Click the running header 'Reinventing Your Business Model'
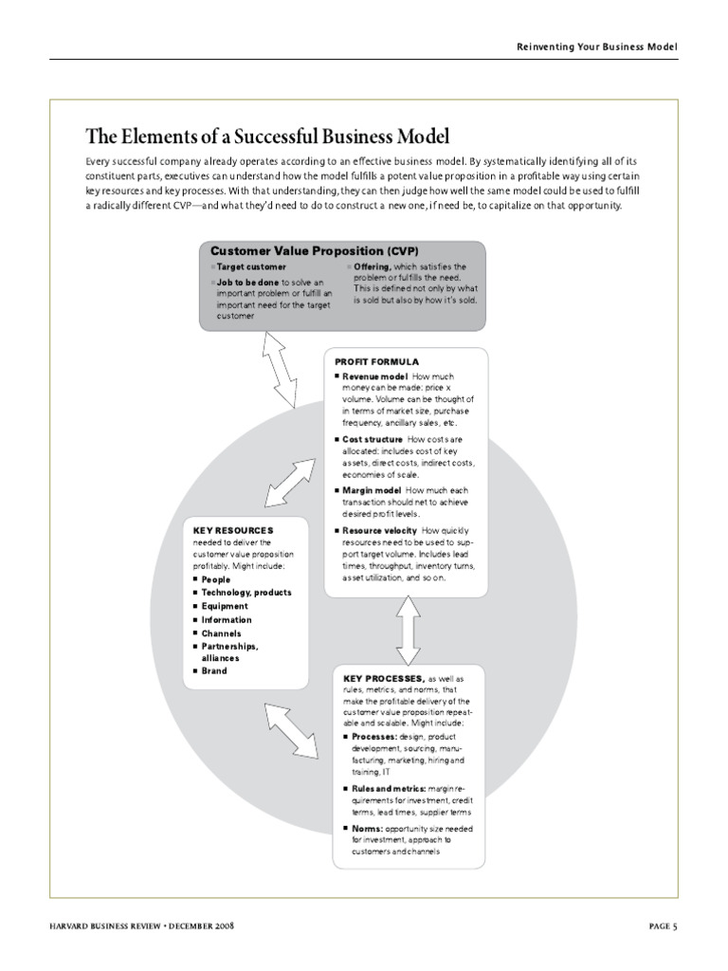click(597, 46)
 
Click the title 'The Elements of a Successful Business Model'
click(267, 136)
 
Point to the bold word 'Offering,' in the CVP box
click(372, 267)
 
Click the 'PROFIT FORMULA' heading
click(376, 361)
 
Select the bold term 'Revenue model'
click(374, 376)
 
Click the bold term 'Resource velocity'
click(379, 530)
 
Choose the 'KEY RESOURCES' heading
click(233, 530)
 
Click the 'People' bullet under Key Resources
click(215, 579)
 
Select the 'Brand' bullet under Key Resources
click(213, 670)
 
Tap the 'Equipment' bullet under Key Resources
click(224, 606)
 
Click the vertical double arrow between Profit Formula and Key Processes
click(408, 631)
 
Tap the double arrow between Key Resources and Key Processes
click(291, 730)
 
